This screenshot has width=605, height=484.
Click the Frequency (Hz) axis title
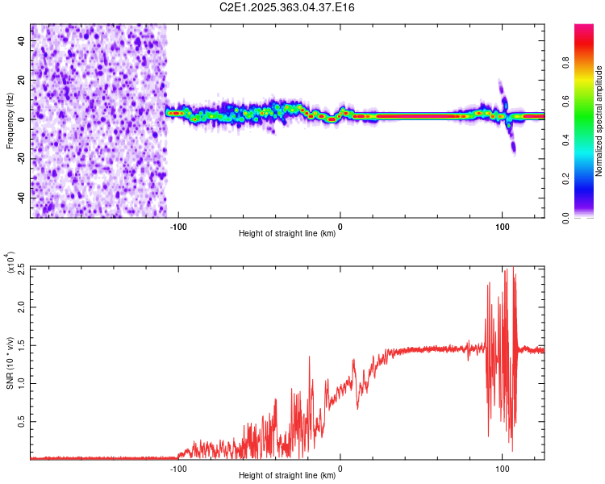click(10, 120)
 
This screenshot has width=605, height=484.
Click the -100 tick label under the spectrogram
click(178, 226)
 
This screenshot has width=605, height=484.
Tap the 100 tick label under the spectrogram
click(502, 226)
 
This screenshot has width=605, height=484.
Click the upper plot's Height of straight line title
click(287, 234)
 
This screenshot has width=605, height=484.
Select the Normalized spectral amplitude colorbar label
click(599, 121)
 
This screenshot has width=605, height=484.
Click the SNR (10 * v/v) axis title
click(10, 363)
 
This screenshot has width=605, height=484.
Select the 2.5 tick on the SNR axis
click(20, 268)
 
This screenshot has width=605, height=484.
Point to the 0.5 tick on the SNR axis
click(20, 421)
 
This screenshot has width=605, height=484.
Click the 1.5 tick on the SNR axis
click(20, 344)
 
